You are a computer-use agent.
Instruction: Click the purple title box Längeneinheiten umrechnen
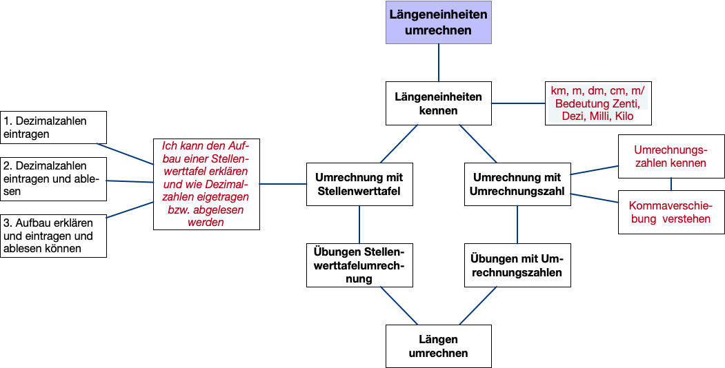pyautogui.click(x=439, y=22)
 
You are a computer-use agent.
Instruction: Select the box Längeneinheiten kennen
pyautogui.click(x=439, y=103)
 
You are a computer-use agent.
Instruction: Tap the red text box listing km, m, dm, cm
pyautogui.click(x=598, y=103)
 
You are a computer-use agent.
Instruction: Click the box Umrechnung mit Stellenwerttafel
pyautogui.click(x=359, y=184)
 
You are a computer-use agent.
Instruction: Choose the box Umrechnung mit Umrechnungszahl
pyautogui.click(x=517, y=184)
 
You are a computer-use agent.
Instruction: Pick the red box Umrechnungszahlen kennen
pyautogui.click(x=671, y=156)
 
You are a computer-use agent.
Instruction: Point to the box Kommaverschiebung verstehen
pyautogui.click(x=671, y=212)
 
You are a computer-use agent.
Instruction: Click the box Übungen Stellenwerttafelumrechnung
pyautogui.click(x=359, y=265)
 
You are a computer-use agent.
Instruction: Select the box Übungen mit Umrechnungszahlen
pyautogui.click(x=517, y=265)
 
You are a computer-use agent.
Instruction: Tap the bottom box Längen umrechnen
pyautogui.click(x=439, y=346)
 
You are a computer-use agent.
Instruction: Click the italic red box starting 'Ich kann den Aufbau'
pyautogui.click(x=206, y=184)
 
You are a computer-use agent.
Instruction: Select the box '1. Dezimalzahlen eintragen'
pyautogui.click(x=54, y=127)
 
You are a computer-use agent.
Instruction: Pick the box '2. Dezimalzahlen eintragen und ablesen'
pyautogui.click(x=54, y=179)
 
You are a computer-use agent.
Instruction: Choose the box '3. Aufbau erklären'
pyautogui.click(x=54, y=236)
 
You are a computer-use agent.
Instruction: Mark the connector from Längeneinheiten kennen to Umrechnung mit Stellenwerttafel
pyautogui.click(x=399, y=143)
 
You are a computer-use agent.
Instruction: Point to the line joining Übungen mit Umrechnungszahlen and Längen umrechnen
pyautogui.click(x=478, y=305)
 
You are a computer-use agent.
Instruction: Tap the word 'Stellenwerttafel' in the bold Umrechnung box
pyautogui.click(x=359, y=191)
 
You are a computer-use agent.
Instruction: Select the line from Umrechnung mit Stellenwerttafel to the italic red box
pyautogui.click(x=283, y=184)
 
